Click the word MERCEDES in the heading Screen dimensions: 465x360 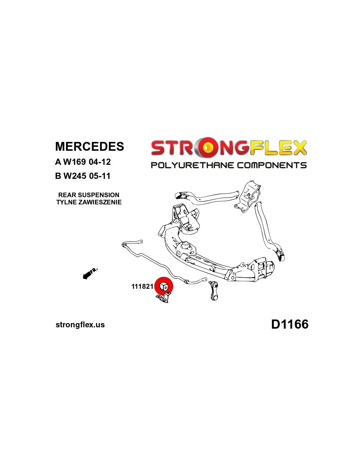pyautogui.click(x=89, y=146)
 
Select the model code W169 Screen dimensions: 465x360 pyautogui.click(x=75, y=162)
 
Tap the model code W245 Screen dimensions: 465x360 pyautogui.click(x=75, y=176)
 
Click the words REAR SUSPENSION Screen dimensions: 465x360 pyautogui.click(x=89, y=195)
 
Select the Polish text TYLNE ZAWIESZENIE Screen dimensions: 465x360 pyautogui.click(x=89, y=202)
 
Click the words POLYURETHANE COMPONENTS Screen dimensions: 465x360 pyautogui.click(x=228, y=165)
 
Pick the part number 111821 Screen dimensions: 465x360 pyautogui.click(x=142, y=286)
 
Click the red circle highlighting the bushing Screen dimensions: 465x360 pyautogui.click(x=164, y=286)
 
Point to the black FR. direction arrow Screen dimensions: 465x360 pyautogui.click(x=89, y=273)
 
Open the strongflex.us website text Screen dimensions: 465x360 pyautogui.click(x=80, y=325)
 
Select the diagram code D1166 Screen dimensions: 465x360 pyautogui.click(x=290, y=324)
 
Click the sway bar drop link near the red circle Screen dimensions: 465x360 pyautogui.click(x=214, y=290)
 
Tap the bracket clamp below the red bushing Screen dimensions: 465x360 pyautogui.click(x=163, y=298)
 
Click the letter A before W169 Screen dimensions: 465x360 pyautogui.click(x=58, y=162)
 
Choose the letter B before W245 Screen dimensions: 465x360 pyautogui.click(x=58, y=176)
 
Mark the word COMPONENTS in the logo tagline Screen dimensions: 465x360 pyautogui.click(x=272, y=165)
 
